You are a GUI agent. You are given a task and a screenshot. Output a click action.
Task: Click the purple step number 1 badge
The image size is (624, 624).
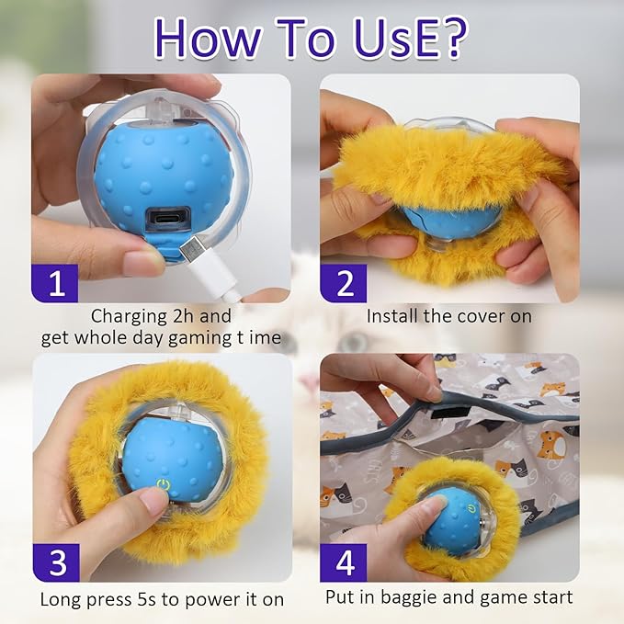[x=57, y=282]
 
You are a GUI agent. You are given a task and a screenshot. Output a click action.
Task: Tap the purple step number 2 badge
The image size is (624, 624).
[x=344, y=282]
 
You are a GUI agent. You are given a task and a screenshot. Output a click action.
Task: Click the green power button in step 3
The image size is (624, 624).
[x=163, y=483]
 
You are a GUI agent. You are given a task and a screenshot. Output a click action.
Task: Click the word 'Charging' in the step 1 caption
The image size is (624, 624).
[x=130, y=316]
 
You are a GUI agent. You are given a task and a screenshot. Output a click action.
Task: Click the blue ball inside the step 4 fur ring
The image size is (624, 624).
[x=452, y=521]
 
